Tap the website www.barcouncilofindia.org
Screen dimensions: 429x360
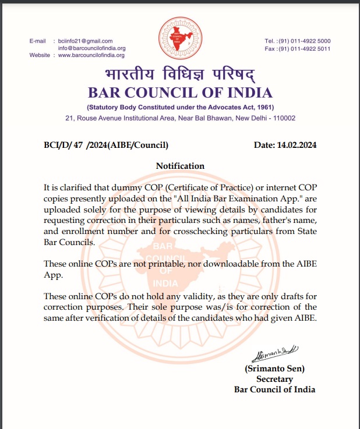91,55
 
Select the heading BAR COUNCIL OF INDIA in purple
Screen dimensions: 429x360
180,93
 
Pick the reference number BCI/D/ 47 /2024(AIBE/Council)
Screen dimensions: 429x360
106,145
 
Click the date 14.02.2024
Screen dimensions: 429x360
286,145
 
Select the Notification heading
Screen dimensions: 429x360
180,166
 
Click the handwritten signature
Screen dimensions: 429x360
275,352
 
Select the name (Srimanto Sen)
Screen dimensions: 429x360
274,368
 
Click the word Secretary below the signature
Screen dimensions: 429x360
274,379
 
